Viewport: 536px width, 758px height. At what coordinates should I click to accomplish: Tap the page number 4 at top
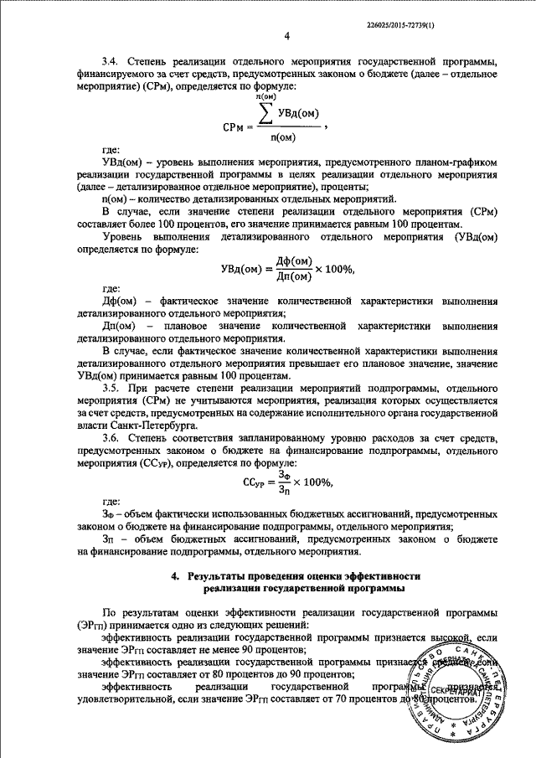[x=287, y=37]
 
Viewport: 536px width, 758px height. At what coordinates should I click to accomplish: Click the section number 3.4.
[x=111, y=62]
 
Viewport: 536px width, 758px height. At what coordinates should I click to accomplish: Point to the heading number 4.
[x=175, y=576]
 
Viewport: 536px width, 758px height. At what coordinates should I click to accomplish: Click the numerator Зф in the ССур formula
[x=283, y=474]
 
